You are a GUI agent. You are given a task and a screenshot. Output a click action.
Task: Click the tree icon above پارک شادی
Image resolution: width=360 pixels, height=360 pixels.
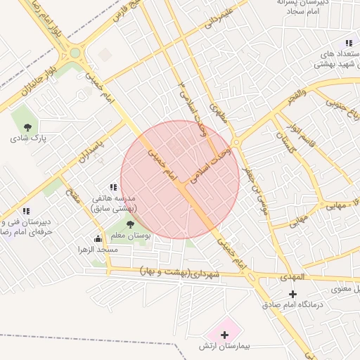coord(27,127)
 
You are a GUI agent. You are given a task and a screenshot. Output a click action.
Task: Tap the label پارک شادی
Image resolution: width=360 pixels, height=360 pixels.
coord(27,139)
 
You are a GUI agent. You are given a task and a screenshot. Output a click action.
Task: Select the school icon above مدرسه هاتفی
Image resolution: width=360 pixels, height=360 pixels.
coord(113,187)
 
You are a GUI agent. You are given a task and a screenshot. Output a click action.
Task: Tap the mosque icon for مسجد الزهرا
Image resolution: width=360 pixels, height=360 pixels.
coord(98,239)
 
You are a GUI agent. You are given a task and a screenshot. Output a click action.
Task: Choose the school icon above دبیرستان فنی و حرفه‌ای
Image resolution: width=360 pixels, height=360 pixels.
coord(26,210)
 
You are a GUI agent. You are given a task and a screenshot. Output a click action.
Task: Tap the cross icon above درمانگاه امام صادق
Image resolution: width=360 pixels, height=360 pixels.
coord(293,293)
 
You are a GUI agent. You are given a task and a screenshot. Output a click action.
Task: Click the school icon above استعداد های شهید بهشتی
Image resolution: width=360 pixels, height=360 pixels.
coord(349,43)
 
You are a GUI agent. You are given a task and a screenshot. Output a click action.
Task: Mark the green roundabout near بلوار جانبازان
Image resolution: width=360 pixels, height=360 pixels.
coord(75,53)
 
